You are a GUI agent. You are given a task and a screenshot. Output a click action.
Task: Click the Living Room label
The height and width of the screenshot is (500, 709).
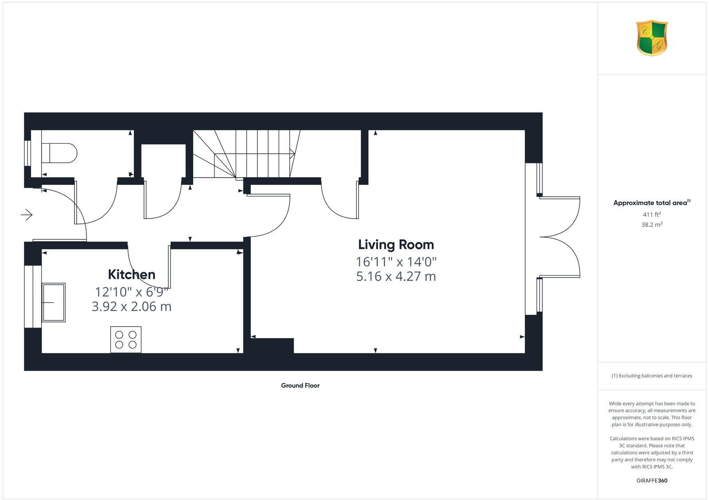(x=396, y=245)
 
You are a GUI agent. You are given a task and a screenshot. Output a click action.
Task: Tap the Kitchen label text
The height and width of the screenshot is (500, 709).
(x=132, y=274)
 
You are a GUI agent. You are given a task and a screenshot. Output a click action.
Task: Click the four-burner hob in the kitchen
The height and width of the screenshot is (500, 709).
(x=126, y=340)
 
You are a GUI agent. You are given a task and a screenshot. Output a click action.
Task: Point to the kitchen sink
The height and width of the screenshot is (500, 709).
(x=54, y=302)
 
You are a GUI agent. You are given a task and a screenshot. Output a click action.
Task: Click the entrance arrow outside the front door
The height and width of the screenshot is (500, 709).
(x=27, y=215)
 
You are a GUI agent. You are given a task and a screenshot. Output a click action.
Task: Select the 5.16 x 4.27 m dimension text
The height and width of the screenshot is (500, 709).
(x=396, y=277)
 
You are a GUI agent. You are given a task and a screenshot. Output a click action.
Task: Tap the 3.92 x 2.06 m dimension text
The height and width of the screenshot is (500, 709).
(x=132, y=306)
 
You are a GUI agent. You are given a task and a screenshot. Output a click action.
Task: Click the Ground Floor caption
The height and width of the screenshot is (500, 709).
(x=300, y=386)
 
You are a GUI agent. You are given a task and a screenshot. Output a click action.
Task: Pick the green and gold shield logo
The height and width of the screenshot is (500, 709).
(x=652, y=38)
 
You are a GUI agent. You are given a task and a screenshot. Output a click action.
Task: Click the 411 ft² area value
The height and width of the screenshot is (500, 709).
(x=652, y=215)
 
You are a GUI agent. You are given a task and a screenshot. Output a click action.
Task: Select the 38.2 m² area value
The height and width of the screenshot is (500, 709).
(x=652, y=225)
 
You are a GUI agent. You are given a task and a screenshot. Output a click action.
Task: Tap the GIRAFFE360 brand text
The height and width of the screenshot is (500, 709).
(x=652, y=480)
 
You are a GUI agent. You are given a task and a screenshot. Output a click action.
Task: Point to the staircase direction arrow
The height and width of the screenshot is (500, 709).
(x=292, y=153)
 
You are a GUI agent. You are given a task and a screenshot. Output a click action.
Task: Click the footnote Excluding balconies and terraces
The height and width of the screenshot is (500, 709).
(x=652, y=376)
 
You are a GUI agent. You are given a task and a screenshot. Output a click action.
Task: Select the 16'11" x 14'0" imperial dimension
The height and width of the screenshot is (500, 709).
(x=396, y=262)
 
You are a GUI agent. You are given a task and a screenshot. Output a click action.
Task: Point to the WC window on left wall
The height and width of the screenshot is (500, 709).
(x=27, y=153)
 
